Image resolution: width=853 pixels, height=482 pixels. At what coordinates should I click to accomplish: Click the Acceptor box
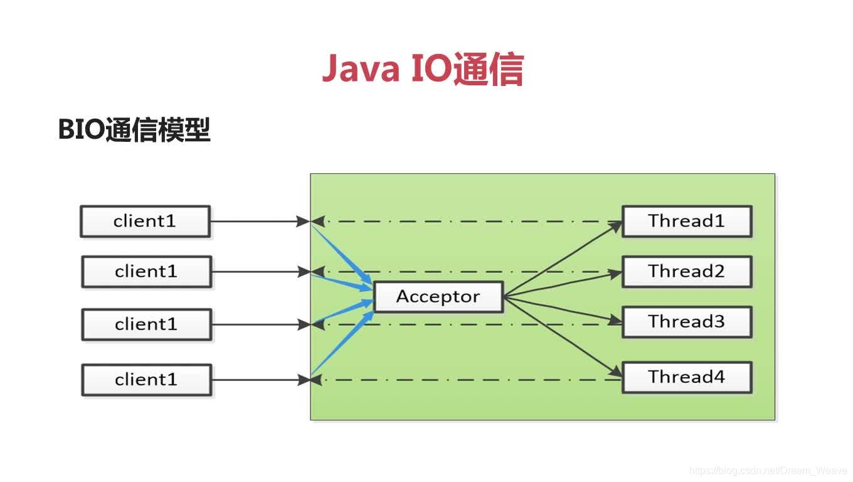pyautogui.click(x=438, y=297)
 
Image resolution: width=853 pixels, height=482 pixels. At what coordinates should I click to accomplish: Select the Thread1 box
pyautogui.click(x=686, y=221)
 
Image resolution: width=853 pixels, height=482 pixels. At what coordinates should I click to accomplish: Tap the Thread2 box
pyautogui.click(x=686, y=271)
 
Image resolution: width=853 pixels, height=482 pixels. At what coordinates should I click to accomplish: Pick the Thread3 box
pyautogui.click(x=686, y=322)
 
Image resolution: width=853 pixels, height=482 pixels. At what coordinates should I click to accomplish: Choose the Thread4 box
pyautogui.click(x=686, y=377)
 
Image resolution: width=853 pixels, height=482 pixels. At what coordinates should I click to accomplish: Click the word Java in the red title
pyautogui.click(x=361, y=69)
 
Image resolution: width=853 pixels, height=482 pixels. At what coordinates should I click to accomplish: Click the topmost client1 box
pyautogui.click(x=145, y=222)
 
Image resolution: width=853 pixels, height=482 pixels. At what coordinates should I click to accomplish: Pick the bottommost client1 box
pyautogui.click(x=146, y=380)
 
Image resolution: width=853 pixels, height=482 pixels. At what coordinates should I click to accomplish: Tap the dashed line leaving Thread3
pyautogui.click(x=439, y=324)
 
